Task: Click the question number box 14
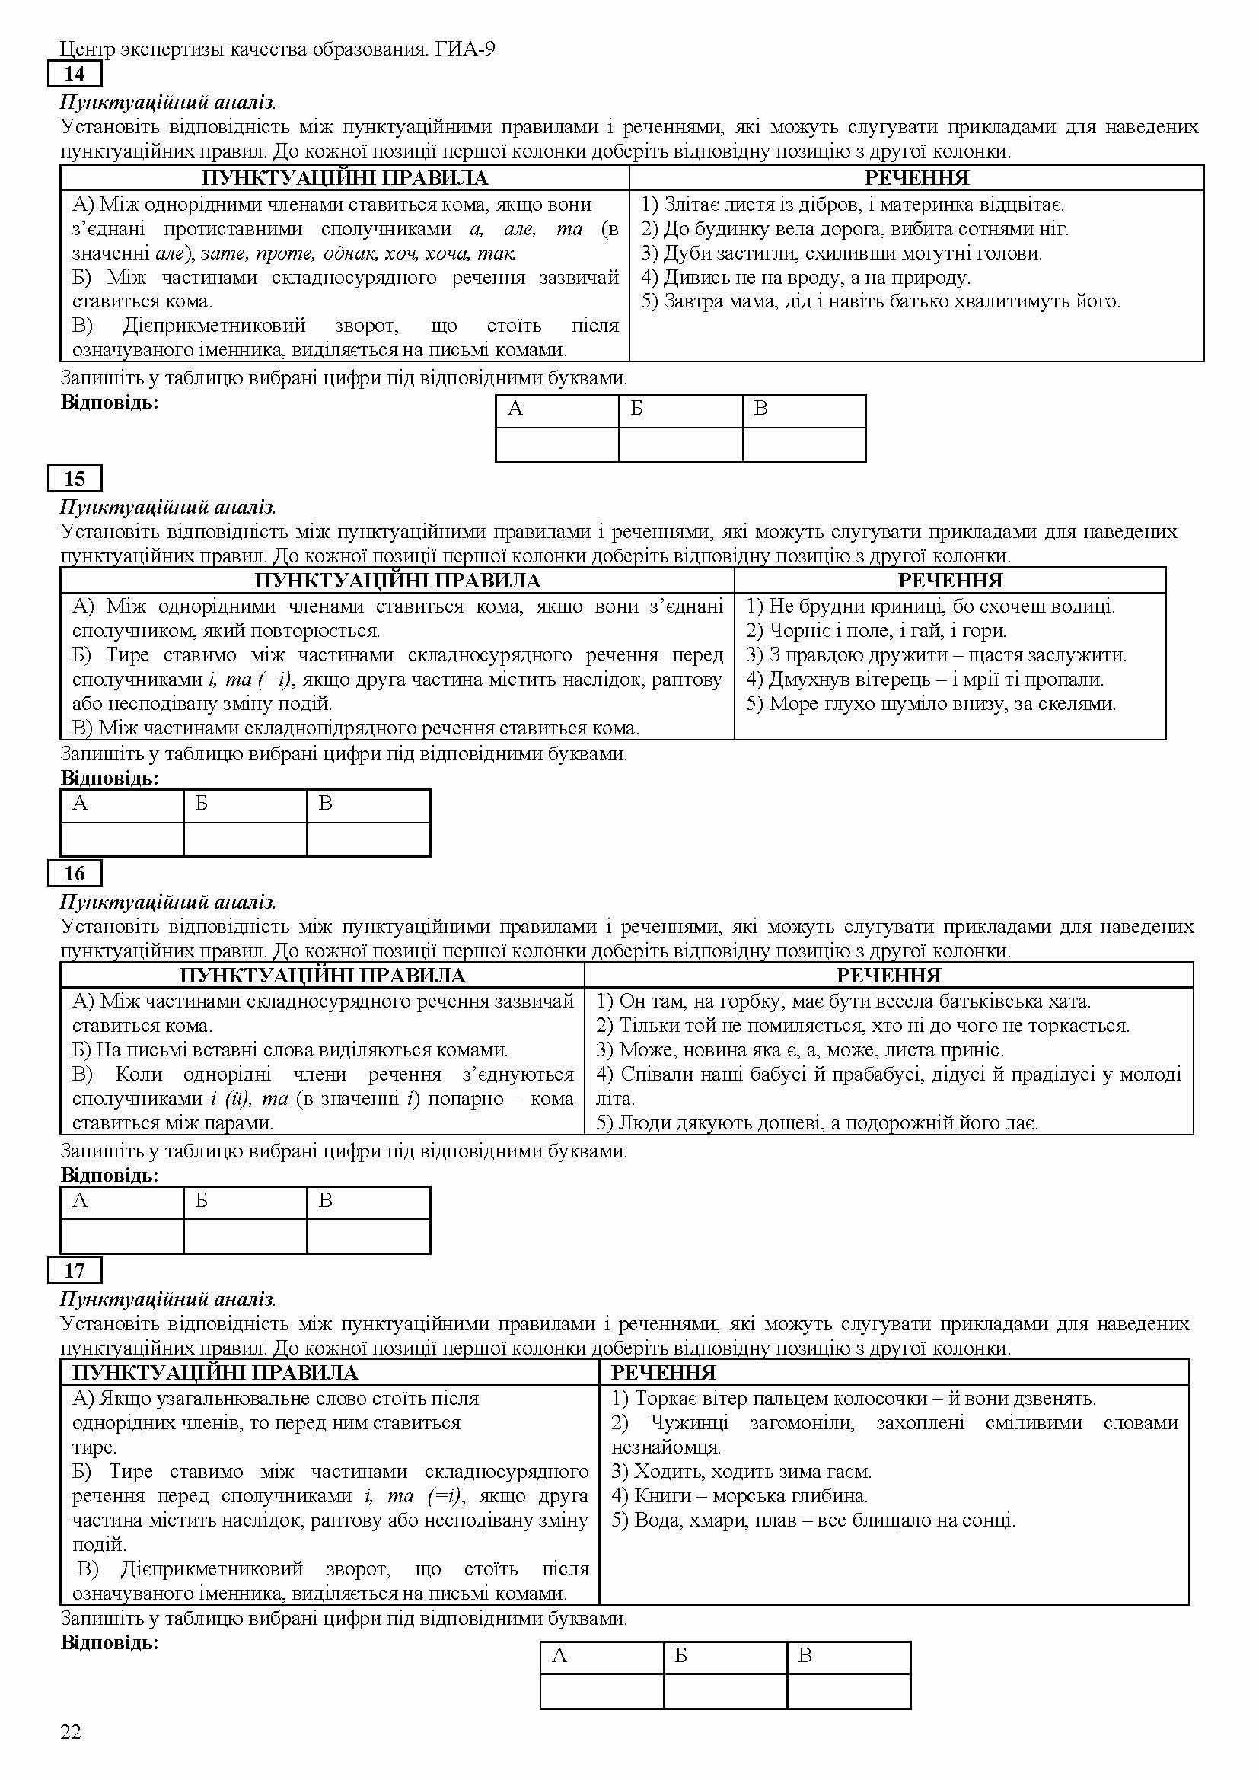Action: (75, 75)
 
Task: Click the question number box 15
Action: (75, 479)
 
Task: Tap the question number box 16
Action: (75, 874)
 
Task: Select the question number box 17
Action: (75, 1271)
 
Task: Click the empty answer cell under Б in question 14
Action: (680, 445)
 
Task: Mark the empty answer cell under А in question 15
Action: (122, 839)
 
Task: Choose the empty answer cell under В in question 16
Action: (368, 1236)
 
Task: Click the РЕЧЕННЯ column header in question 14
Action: (916, 178)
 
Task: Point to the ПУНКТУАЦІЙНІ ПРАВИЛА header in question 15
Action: (397, 581)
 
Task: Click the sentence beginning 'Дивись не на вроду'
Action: (805, 278)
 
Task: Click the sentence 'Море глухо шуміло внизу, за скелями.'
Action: (931, 704)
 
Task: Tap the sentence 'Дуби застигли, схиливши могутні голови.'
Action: (841, 253)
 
